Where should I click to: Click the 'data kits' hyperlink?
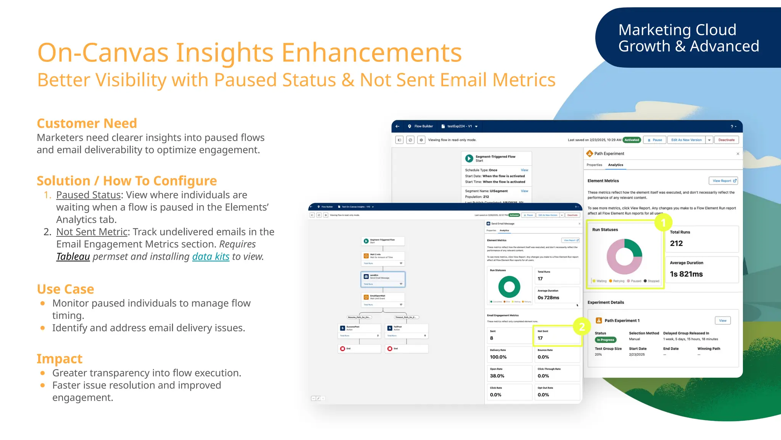pos(211,256)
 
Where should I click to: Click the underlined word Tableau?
pos(73,256)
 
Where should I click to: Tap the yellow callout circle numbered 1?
pos(663,222)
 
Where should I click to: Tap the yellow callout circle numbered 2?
pos(582,327)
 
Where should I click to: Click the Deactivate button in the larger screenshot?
pos(726,140)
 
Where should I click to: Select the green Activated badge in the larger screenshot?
pos(632,140)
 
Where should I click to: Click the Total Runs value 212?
pos(676,243)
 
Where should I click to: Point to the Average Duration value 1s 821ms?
pos(686,274)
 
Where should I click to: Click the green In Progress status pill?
pos(606,340)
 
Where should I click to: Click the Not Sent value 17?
pos(540,338)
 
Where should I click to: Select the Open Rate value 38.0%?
pos(497,376)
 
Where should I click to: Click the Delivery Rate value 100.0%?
pos(498,357)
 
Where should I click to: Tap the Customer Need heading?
pos(87,123)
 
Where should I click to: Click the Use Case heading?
pos(65,289)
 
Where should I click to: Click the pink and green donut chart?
pos(624,257)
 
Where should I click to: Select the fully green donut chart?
pos(509,286)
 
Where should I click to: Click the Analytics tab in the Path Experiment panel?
pos(615,165)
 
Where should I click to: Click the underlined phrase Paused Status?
pos(88,195)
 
